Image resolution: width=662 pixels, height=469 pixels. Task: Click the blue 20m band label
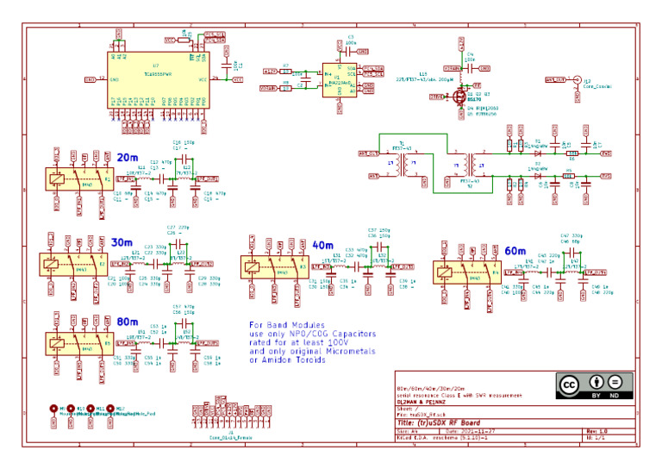pos(127,157)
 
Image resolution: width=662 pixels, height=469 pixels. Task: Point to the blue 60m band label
pos(515,250)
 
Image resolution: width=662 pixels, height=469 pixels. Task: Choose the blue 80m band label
pos(127,321)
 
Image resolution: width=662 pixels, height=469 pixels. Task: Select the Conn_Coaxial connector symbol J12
pos(577,79)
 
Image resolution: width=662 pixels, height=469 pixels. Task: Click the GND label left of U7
pos(89,79)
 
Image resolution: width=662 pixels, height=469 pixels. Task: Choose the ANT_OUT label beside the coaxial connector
pos(556,79)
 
